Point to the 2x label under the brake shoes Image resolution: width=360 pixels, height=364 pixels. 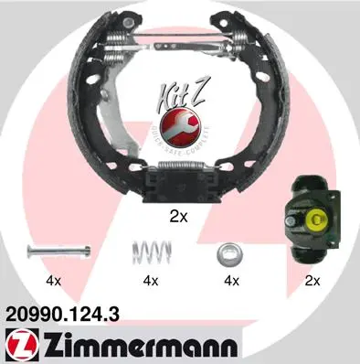pyautogui.click(x=178, y=217)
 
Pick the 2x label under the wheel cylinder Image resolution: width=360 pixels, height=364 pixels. pyautogui.click(x=312, y=281)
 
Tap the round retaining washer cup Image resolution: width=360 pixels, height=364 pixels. pyautogui.click(x=228, y=251)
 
